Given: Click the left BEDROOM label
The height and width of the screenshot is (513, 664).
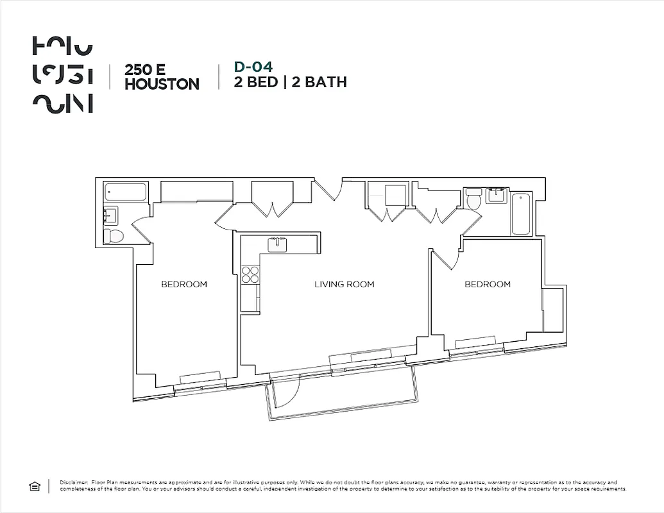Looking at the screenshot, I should pos(184,284).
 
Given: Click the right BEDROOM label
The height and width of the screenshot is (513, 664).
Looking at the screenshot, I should pos(488,284).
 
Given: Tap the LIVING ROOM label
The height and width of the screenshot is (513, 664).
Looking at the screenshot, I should pos(344,284).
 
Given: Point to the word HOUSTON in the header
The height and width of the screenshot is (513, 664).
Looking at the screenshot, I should pos(162,84).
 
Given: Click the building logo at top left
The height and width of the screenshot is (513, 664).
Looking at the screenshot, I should pos(62,76).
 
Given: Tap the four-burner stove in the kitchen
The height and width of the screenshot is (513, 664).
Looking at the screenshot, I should pos(250,275).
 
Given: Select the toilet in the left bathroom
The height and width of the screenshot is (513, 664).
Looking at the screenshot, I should pos(115,236).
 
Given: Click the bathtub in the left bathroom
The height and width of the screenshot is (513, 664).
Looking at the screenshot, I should pos(127,191).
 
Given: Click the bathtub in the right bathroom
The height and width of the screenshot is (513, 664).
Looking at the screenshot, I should pos(520,214).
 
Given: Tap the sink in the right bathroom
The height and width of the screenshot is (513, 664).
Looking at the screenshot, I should pos(496,195).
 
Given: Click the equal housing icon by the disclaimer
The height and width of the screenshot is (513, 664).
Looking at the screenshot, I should pos(35,487).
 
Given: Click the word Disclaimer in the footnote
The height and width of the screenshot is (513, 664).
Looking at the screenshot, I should pos(72,482).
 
